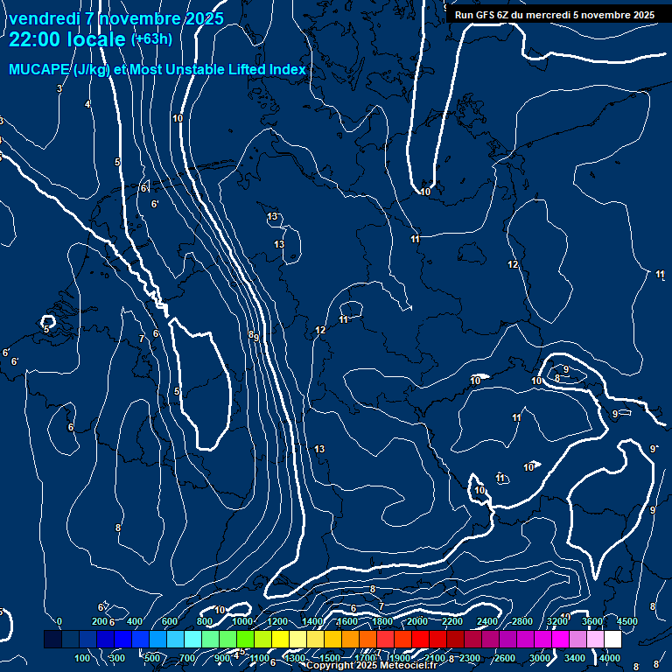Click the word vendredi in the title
point(44,18)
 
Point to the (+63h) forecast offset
point(151,39)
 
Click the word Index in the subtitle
point(289,69)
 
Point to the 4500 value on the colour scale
point(627,621)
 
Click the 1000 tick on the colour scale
point(242,621)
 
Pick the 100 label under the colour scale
point(83,658)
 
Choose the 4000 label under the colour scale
point(610,658)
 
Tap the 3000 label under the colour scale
point(540,658)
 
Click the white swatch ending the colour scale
point(612,640)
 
